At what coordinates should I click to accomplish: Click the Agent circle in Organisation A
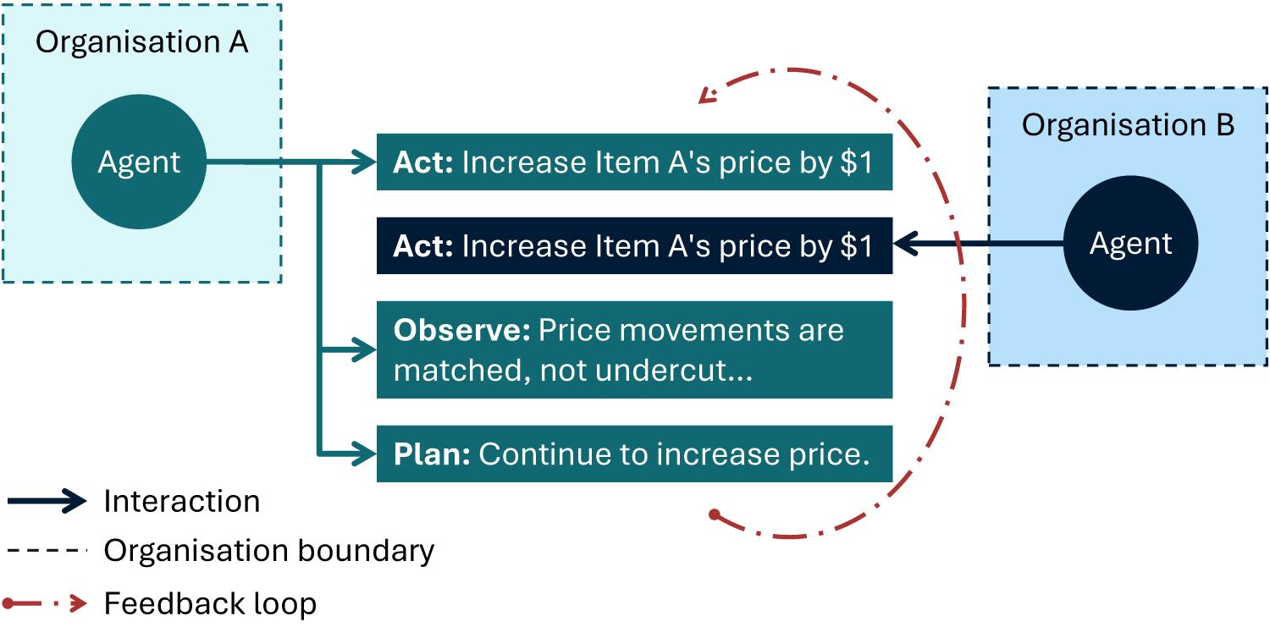click(x=139, y=162)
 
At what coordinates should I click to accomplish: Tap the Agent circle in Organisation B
click(x=1130, y=243)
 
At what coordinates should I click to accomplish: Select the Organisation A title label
click(x=141, y=42)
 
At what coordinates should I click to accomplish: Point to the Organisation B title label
click(x=1129, y=124)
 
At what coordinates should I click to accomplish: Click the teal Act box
click(x=634, y=162)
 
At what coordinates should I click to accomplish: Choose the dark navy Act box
click(x=634, y=246)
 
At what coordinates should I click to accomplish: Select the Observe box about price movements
click(x=634, y=349)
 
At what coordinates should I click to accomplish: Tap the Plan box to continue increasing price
click(x=634, y=454)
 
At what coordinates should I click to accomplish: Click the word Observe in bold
click(x=462, y=330)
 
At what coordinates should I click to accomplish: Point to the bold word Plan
click(x=432, y=454)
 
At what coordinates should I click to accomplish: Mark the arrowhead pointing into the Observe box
click(x=363, y=349)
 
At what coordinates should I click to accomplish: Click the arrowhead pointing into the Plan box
click(x=363, y=454)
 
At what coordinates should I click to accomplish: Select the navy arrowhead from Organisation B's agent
click(x=906, y=244)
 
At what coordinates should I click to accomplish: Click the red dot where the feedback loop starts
click(x=715, y=514)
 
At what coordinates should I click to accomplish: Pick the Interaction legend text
click(x=182, y=501)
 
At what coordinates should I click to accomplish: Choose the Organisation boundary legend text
click(x=269, y=551)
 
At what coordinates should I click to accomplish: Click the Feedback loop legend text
click(x=210, y=603)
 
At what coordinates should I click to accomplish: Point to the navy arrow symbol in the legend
click(x=47, y=501)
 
